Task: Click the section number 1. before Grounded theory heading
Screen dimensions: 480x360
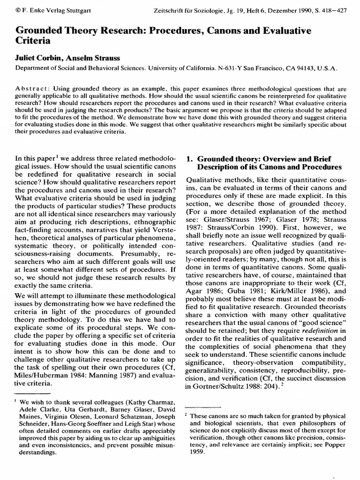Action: (189, 158)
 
